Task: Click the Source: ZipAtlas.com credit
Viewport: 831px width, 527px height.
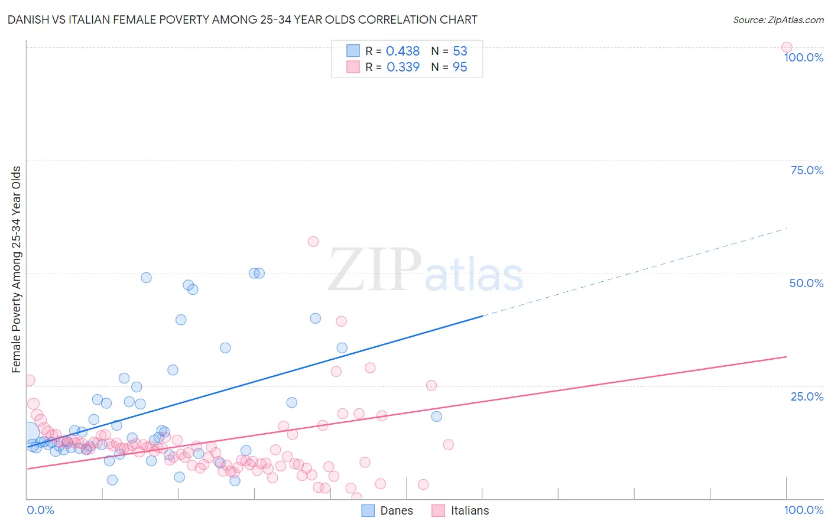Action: (778, 19)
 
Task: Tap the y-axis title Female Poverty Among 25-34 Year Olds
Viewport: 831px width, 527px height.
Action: (16, 269)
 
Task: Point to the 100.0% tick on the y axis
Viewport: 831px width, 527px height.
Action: (803, 57)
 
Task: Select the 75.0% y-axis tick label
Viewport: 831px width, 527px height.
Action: (806, 170)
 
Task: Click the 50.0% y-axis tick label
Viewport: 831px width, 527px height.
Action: (806, 283)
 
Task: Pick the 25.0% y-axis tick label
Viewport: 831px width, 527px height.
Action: (807, 396)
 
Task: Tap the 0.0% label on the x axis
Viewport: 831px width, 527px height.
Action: (40, 510)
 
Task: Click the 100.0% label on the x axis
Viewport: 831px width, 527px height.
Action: (803, 510)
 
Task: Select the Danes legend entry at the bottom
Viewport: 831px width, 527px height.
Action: (387, 510)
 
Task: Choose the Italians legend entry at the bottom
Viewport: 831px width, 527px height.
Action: (460, 510)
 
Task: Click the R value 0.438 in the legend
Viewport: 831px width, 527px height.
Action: (402, 51)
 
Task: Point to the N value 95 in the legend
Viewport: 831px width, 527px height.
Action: (460, 67)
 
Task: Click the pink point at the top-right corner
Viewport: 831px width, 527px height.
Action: (786, 47)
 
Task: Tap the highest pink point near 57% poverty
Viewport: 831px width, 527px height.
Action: (313, 241)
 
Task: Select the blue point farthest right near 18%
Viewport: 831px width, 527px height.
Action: (436, 416)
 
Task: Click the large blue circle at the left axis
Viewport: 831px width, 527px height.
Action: (28, 433)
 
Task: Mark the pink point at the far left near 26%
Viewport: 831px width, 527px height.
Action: (29, 380)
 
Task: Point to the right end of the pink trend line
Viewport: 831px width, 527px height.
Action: (785, 357)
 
